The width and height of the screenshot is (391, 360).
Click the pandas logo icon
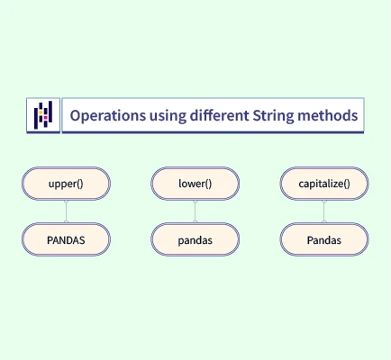tap(43, 115)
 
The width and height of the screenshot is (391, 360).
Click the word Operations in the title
tap(108, 116)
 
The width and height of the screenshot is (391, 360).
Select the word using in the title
tap(168, 116)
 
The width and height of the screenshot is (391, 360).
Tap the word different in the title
tap(219, 115)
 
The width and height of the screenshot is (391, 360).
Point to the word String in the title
tap(273, 116)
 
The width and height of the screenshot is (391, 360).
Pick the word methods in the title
tap(328, 115)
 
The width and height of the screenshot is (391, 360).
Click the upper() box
tap(66, 184)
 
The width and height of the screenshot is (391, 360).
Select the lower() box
tap(195, 184)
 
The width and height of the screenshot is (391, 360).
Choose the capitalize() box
tap(324, 184)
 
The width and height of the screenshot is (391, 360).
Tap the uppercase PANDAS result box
tap(66, 239)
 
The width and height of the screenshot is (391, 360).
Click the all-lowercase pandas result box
tap(195, 239)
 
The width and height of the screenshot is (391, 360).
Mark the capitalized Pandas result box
tap(324, 239)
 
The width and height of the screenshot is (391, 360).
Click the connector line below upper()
tap(66, 211)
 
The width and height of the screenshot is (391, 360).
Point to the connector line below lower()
tap(195, 211)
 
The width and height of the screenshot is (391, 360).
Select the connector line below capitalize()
tap(324, 211)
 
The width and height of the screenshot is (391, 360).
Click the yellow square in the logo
tap(41, 112)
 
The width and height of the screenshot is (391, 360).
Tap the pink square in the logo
tap(46, 118)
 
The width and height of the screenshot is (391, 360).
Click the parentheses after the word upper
tap(80, 184)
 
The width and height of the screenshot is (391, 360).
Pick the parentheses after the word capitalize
tap(347, 184)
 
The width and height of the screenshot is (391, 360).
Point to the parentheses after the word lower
tap(208, 184)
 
